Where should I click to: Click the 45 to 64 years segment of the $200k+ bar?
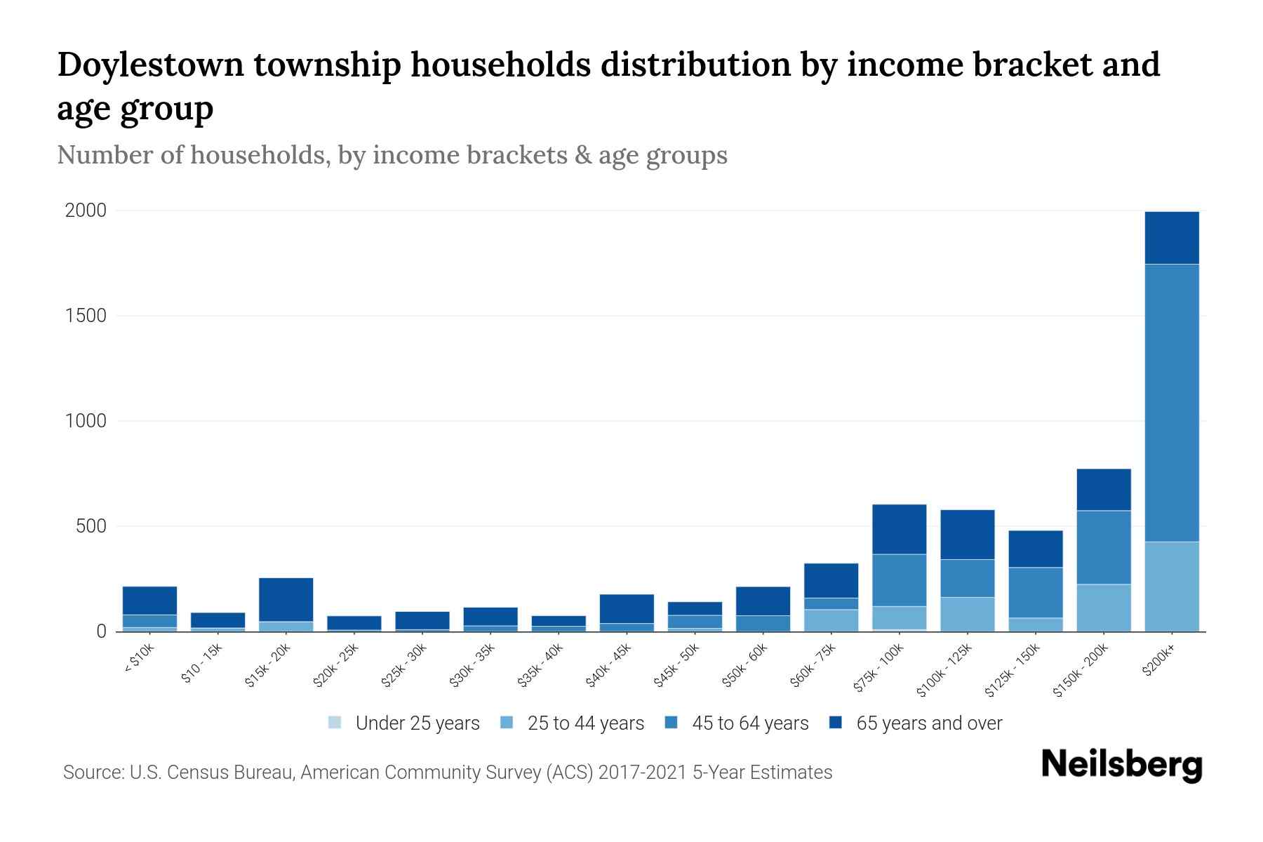(x=1171, y=402)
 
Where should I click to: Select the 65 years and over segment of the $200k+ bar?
(x=1171, y=238)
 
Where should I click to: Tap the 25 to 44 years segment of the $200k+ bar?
(x=1171, y=586)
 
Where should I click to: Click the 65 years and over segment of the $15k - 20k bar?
(x=286, y=599)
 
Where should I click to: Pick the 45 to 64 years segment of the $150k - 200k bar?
(x=1103, y=547)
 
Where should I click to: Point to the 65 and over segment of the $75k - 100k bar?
(x=899, y=529)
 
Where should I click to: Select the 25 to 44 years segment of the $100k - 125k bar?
(x=967, y=614)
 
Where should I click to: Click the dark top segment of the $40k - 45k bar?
(x=627, y=608)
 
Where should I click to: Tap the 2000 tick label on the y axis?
(x=86, y=210)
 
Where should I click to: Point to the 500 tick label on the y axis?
(x=91, y=526)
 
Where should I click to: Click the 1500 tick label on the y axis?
(x=86, y=316)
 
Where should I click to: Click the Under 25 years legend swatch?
(x=335, y=723)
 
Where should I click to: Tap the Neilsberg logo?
(x=1121, y=764)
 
